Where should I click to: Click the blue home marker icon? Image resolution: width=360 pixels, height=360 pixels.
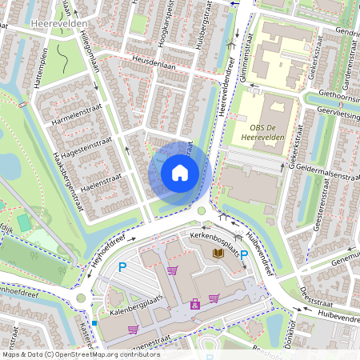click(x=180, y=172)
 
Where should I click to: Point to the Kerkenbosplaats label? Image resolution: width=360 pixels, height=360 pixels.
click(x=215, y=238)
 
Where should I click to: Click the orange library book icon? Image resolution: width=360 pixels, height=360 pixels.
click(x=217, y=253)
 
